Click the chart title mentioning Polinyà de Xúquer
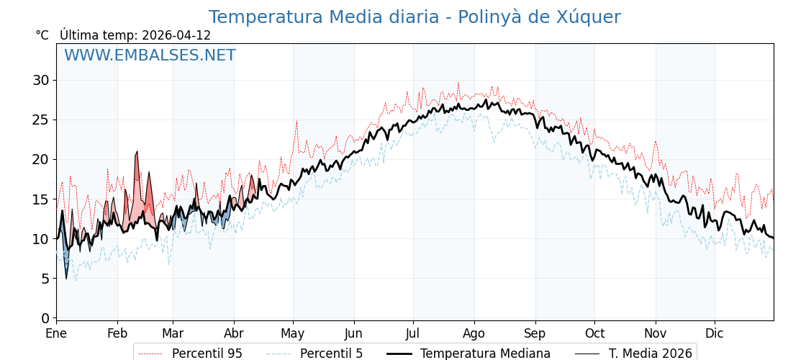coord(414,17)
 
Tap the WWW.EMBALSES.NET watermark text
coord(150,55)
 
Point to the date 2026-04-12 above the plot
coord(176,35)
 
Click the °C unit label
coord(42,35)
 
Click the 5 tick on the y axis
coord(45,279)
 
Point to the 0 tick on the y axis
coord(45,318)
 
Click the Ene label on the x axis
coord(56,334)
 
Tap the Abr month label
coord(234,334)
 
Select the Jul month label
coord(413,334)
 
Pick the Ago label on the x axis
coord(474,334)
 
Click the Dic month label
coord(715,334)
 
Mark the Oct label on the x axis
coord(594,334)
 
